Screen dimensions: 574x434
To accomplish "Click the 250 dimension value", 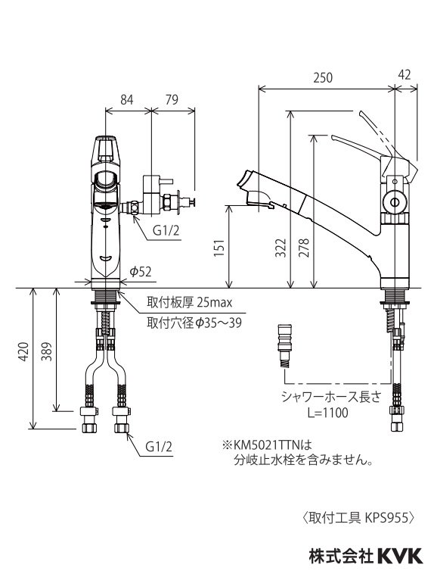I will click(324, 78).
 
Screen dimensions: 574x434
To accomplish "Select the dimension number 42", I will click(405, 74).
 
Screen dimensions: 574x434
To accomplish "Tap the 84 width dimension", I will click(127, 99).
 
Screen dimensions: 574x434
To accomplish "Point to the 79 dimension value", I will click(172, 99).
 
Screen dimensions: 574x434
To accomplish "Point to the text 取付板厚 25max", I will click(193, 304).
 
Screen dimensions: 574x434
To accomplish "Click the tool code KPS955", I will click(388, 518).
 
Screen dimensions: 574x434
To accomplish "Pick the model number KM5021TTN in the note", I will click(265, 445).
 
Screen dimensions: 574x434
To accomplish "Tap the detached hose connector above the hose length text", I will click(285, 342).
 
